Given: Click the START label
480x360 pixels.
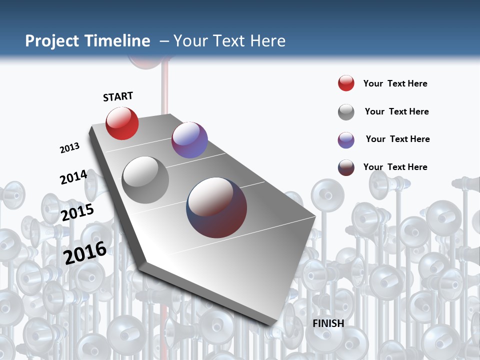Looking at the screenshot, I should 118,96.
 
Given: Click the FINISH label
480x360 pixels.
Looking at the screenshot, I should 328,323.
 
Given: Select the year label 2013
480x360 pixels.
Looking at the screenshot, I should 69,148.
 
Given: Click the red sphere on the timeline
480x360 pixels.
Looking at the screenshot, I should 122,123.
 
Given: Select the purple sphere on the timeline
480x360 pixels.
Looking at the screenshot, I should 189,140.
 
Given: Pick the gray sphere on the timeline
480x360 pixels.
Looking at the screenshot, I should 145,180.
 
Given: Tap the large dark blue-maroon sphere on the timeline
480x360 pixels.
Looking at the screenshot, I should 216,207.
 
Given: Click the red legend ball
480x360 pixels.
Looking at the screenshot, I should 346,83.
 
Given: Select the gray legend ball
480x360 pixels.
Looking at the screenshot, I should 346,112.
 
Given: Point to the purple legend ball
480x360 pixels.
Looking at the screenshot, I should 346,140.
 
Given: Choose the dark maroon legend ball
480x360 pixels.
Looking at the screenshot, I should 346,167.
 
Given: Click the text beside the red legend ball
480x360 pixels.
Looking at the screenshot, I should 395,83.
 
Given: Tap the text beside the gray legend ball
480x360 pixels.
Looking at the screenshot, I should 396,111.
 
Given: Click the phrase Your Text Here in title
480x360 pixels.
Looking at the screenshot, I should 229,41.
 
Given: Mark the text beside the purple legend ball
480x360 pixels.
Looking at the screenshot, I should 397,139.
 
